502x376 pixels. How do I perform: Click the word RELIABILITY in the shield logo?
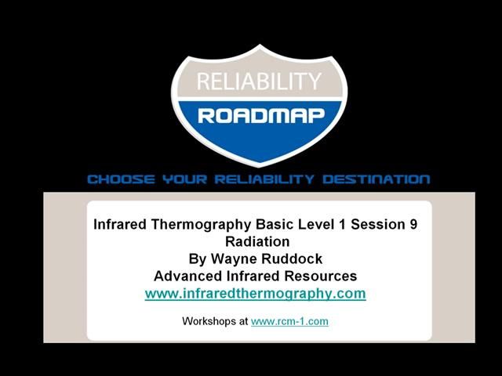(x=258, y=81)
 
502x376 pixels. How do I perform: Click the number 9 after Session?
(x=413, y=224)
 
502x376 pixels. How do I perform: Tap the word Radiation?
(x=257, y=241)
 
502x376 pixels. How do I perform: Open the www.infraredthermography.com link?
(x=256, y=294)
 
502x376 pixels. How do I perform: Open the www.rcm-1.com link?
(x=289, y=321)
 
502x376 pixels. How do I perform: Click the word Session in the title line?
(x=377, y=224)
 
